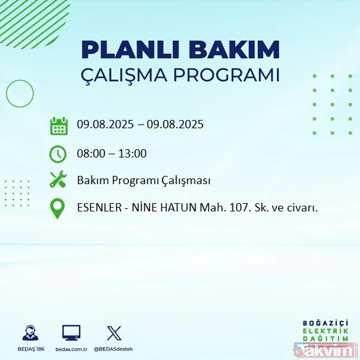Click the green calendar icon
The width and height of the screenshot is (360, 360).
tap(58, 126)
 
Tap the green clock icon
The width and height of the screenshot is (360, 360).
tap(58, 154)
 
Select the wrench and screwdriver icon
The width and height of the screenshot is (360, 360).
tap(58, 180)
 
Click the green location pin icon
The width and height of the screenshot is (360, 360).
tap(58, 208)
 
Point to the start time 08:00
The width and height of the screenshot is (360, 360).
tap(91, 153)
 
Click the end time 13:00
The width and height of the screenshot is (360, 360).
tap(133, 153)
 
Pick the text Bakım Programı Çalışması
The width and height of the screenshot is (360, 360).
tap(143, 180)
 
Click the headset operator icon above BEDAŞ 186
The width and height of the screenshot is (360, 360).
tap(29, 332)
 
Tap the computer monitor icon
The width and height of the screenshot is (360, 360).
tap(71, 332)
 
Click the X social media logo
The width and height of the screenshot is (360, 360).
tap(114, 332)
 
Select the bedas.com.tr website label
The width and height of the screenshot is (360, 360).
tap(70, 349)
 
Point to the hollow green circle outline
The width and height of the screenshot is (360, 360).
tap(19, 94)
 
